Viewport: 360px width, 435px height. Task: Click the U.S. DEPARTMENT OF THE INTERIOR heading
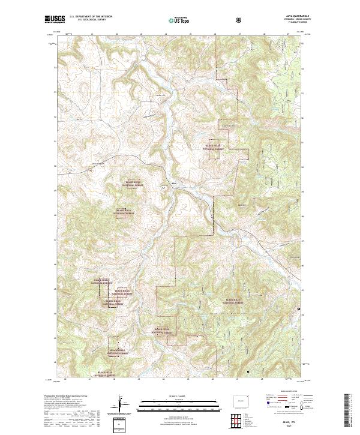[91, 17]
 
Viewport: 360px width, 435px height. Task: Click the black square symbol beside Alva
[164, 188]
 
